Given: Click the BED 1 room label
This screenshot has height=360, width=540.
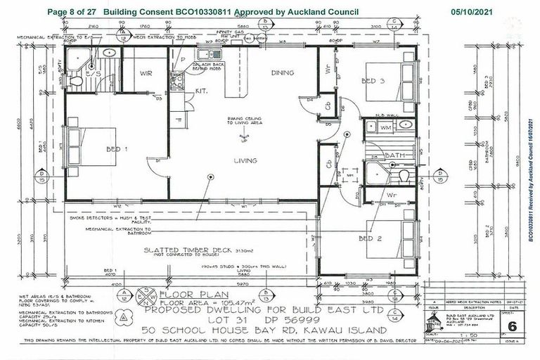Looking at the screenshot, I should [117, 149].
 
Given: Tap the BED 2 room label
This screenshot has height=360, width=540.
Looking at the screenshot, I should [369, 238].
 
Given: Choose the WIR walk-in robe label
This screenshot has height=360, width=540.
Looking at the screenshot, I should [146, 72].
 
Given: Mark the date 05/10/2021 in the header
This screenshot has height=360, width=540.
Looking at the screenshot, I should [472, 12].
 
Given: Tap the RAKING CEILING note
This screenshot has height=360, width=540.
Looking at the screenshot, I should [243, 121].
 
